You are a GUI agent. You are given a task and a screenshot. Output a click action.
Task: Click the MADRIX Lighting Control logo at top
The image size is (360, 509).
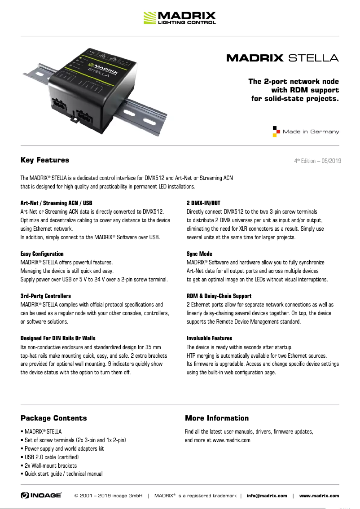point(180,18)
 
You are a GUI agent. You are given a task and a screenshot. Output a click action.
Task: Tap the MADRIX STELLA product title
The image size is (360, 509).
point(282,58)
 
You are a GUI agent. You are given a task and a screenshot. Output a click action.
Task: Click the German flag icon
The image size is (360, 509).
point(277,132)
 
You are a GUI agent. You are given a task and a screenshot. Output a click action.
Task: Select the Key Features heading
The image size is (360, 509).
point(45,160)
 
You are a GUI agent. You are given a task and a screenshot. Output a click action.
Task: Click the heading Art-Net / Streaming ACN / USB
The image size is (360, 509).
point(57,203)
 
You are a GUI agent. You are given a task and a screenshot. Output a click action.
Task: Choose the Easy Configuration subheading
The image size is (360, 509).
point(42,254)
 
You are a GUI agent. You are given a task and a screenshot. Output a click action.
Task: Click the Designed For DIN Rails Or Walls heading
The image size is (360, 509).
point(58,338)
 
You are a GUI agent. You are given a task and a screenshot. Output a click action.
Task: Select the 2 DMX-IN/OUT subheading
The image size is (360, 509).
point(203,203)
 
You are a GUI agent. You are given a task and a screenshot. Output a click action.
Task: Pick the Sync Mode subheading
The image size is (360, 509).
point(199,254)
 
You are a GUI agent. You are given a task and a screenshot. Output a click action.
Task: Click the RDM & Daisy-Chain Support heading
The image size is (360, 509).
point(219,296)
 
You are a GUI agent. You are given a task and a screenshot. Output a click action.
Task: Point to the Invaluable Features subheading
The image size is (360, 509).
point(209,338)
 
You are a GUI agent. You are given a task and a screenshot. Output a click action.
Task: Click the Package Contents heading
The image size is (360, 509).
point(54,418)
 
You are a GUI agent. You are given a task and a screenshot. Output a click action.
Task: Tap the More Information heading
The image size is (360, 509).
point(217,418)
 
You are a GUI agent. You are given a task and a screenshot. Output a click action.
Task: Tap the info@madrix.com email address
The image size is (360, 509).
point(267,496)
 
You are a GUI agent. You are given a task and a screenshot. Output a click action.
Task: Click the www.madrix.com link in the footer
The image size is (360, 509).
point(319,496)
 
